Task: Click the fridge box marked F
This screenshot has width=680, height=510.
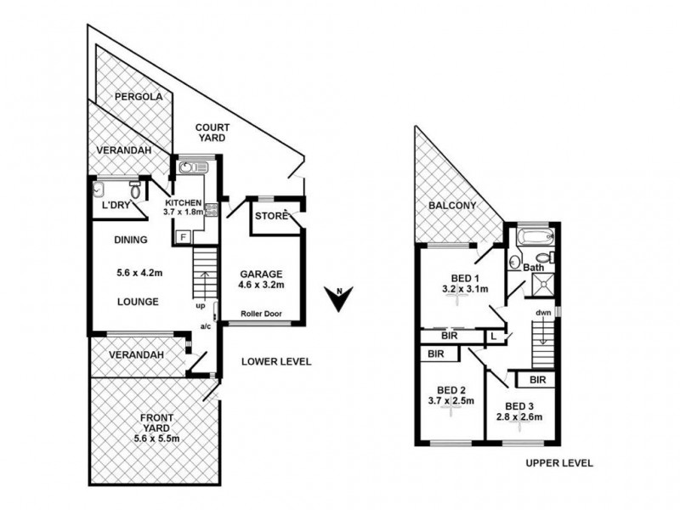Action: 181,236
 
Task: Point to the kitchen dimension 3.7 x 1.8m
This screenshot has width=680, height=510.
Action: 184,212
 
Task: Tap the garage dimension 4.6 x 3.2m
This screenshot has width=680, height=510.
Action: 260,286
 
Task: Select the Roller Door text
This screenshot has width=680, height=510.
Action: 260,314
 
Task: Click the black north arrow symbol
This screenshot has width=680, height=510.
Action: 340,300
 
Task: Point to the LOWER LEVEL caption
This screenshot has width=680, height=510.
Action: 275,361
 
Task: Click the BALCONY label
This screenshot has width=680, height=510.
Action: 452,207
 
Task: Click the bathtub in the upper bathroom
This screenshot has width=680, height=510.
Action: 535,235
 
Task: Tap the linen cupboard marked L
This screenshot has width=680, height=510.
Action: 494,337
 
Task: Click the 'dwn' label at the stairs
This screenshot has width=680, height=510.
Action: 544,312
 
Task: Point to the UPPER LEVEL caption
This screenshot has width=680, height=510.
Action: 558,463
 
